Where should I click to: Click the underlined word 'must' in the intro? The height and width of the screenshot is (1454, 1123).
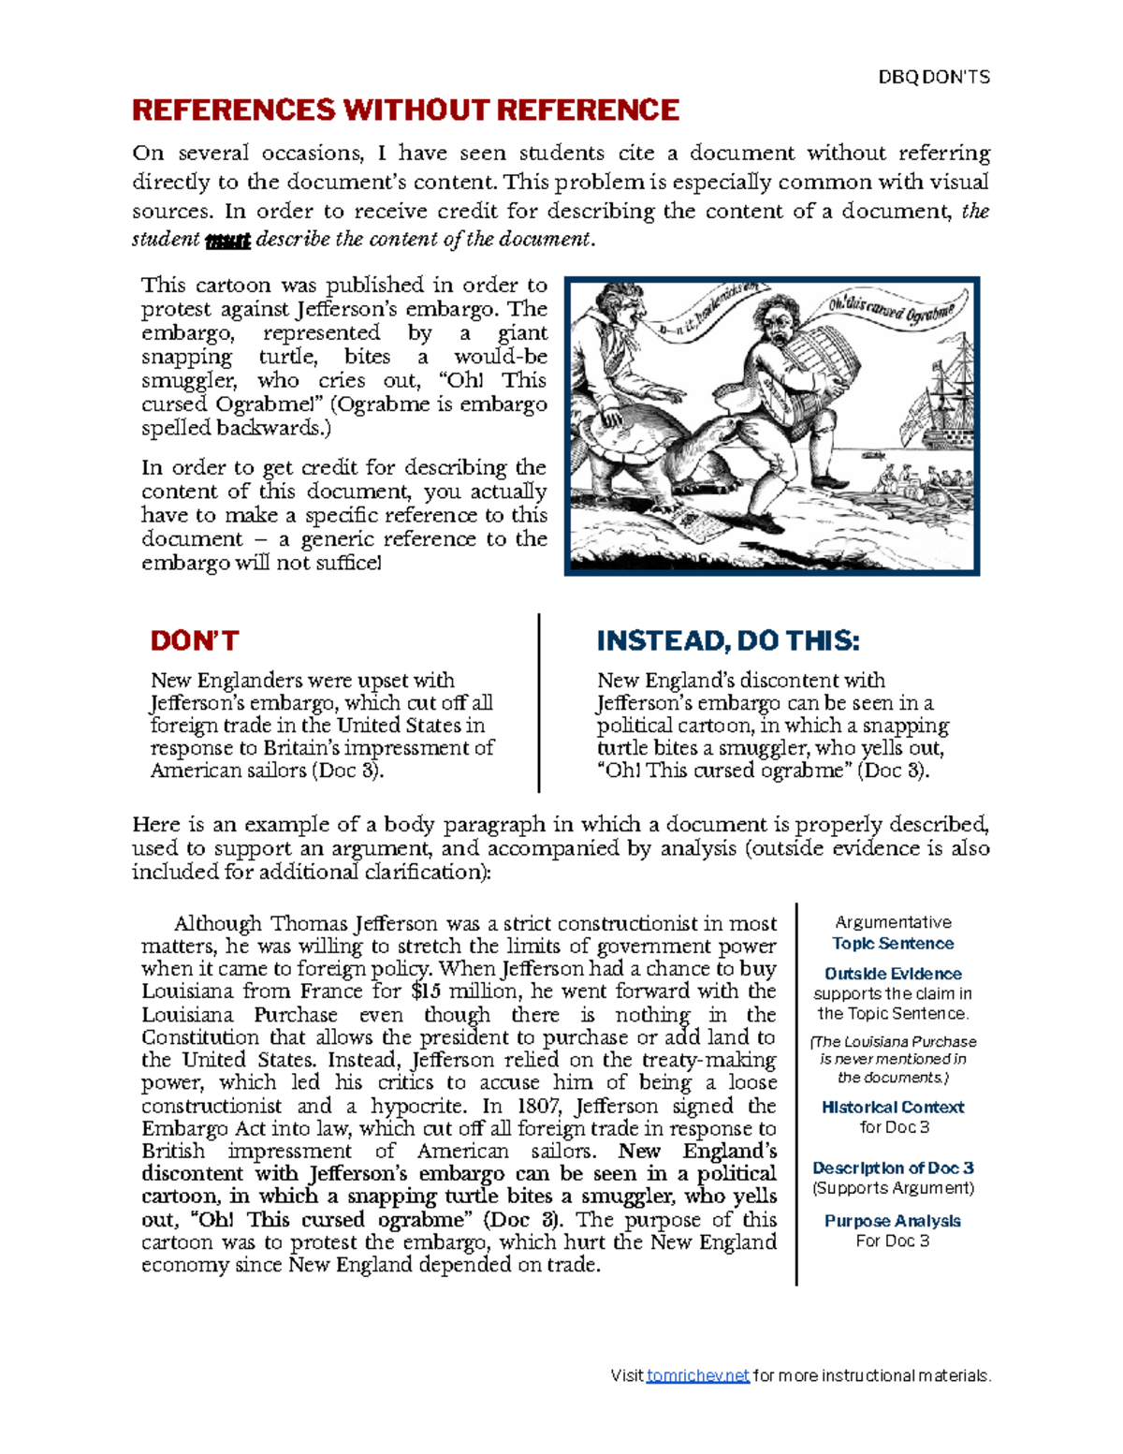click(227, 240)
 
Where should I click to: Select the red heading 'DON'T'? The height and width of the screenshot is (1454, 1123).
click(195, 641)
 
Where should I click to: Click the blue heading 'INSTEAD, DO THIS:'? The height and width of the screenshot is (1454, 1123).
click(727, 641)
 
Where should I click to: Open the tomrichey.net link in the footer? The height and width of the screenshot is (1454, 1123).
click(697, 1375)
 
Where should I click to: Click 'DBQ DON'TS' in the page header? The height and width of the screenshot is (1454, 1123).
click(933, 78)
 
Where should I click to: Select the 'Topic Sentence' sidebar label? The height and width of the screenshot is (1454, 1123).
click(893, 944)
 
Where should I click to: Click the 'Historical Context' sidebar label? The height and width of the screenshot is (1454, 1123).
click(893, 1107)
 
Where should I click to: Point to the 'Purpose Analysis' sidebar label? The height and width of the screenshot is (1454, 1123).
click(893, 1221)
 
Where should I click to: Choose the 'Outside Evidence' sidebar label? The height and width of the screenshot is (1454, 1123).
click(893, 974)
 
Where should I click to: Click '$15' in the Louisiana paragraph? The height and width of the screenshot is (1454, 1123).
click(426, 991)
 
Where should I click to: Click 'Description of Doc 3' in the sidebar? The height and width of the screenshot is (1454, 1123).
click(893, 1168)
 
